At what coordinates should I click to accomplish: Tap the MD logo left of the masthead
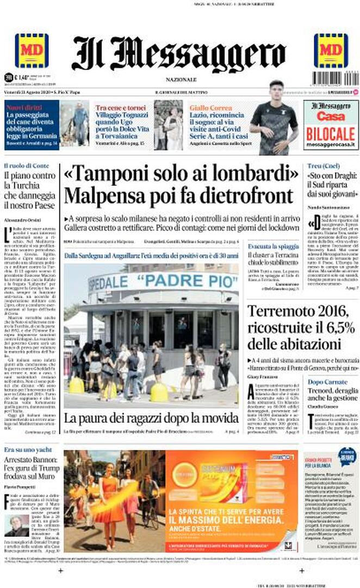point(31,51)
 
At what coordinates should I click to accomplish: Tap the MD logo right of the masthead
point(331,51)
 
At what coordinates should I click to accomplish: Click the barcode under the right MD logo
point(330,78)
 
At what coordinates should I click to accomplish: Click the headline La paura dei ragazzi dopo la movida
point(151,418)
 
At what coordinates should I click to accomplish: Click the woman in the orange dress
point(108,500)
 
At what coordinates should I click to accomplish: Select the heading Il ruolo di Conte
point(26,165)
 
